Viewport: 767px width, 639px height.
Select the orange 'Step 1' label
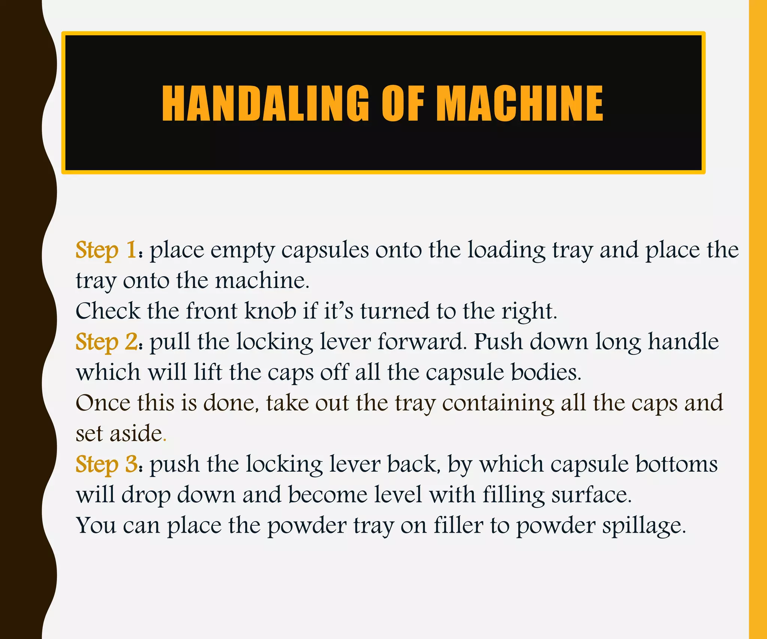tap(106, 250)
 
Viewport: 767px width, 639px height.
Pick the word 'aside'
tap(136, 434)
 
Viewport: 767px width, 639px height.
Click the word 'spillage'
tap(643, 526)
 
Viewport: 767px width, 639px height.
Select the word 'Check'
tap(108, 311)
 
